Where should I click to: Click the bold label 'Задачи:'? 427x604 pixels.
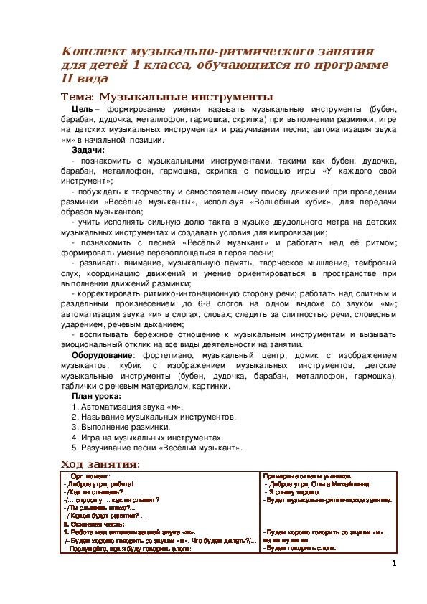click(x=88, y=151)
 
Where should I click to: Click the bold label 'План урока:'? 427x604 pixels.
click(x=96, y=396)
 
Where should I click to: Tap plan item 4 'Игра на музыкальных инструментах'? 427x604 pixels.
click(x=148, y=437)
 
